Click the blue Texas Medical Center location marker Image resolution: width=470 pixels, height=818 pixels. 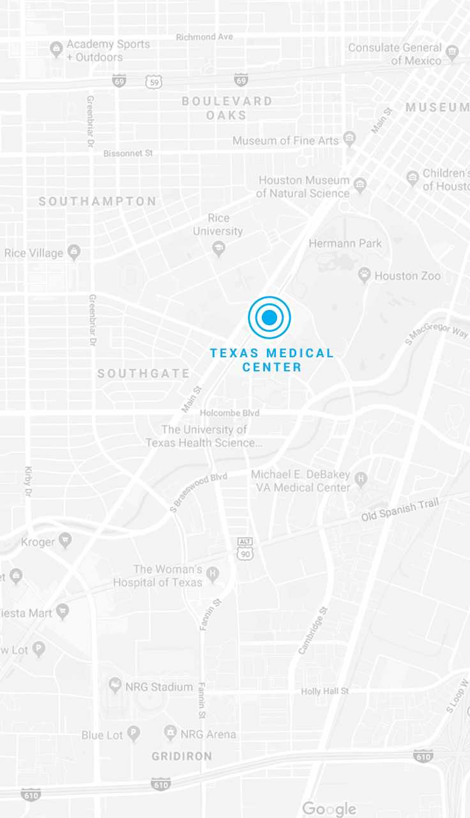(x=269, y=317)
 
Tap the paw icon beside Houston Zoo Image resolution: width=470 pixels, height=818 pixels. (x=364, y=275)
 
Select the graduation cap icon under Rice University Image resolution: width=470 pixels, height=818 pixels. (x=219, y=248)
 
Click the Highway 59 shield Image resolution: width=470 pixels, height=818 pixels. (x=153, y=81)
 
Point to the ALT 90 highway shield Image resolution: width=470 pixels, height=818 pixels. (x=245, y=550)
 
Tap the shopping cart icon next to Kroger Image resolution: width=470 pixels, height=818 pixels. (x=65, y=542)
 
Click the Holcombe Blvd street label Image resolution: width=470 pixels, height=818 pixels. (x=229, y=413)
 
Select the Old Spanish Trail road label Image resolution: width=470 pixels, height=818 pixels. (x=400, y=509)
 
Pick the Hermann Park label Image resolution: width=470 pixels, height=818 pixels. (x=345, y=243)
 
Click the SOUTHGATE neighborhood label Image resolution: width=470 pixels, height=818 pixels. (x=144, y=373)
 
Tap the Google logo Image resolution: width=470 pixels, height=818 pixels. (x=329, y=808)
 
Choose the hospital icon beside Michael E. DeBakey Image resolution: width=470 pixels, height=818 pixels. (x=361, y=478)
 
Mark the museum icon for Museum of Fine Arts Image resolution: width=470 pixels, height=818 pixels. (x=349, y=137)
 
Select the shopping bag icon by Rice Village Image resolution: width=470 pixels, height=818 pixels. (x=74, y=252)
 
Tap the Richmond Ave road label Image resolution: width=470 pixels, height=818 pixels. (x=204, y=36)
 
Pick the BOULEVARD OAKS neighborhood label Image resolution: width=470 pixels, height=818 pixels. (x=227, y=108)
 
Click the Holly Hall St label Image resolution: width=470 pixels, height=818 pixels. (x=325, y=691)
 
